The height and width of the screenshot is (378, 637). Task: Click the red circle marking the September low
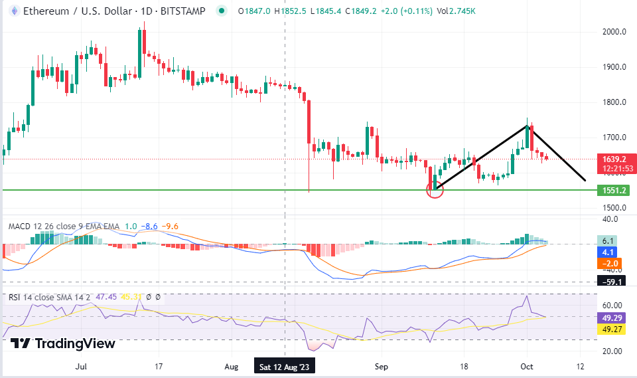(435, 191)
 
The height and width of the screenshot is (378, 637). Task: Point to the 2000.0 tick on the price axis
(616, 32)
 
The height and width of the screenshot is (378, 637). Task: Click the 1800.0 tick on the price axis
(616, 102)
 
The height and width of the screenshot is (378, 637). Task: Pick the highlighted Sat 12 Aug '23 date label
(285, 366)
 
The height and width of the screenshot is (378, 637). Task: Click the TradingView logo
(64, 343)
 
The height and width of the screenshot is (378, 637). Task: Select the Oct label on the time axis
(526, 366)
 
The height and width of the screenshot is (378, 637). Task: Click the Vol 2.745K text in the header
(456, 11)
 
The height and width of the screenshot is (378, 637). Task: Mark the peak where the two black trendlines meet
(529, 125)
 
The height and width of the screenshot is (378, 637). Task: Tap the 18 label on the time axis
(464, 366)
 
